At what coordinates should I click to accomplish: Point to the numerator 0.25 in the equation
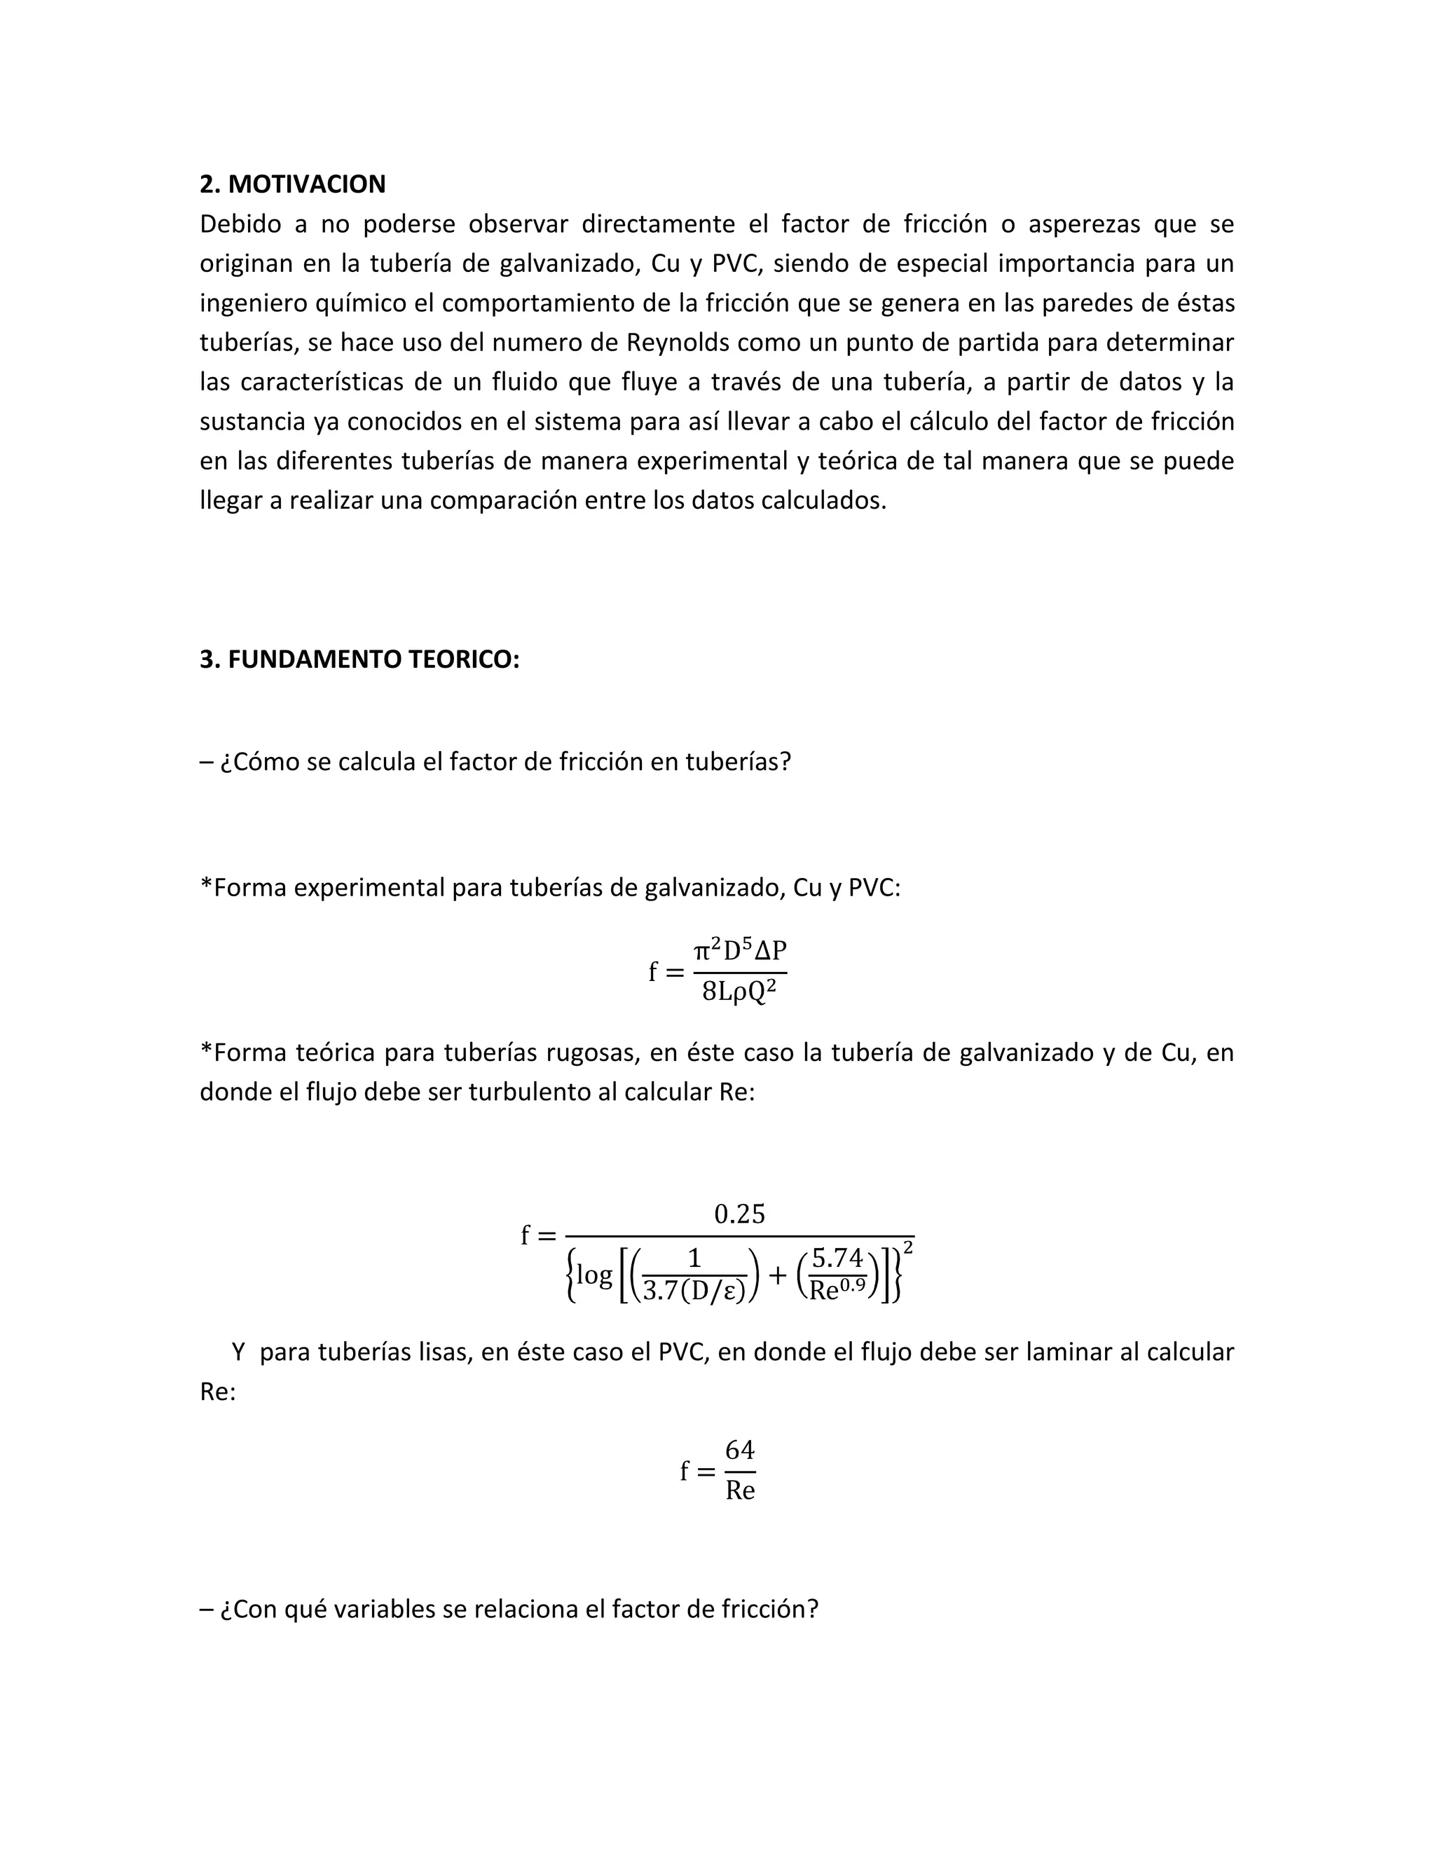click(739, 1214)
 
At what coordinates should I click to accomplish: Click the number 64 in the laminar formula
click(740, 1450)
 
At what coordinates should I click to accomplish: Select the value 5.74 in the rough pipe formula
click(837, 1258)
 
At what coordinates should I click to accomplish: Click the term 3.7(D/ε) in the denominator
click(694, 1291)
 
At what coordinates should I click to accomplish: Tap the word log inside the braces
click(594, 1275)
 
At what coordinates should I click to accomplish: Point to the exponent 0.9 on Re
click(853, 1284)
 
